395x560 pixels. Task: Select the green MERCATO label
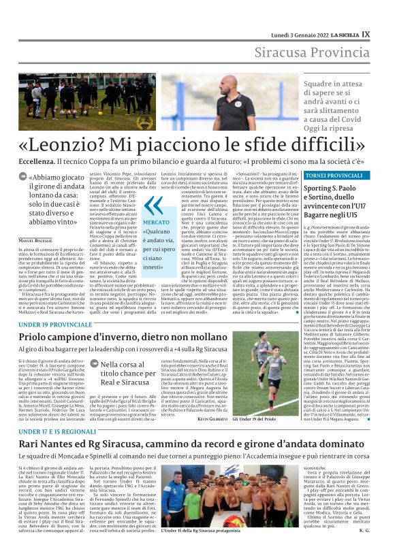tap(155, 222)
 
